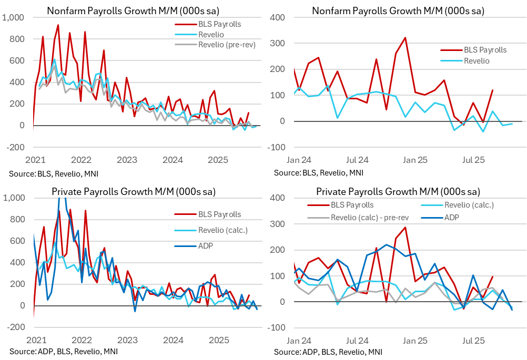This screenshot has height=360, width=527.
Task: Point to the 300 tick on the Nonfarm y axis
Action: (x=278, y=44)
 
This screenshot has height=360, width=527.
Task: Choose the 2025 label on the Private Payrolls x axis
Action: (x=218, y=340)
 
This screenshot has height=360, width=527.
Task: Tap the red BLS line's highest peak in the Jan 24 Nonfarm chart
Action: (x=405, y=38)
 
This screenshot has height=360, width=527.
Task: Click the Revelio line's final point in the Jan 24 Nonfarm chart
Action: (x=512, y=124)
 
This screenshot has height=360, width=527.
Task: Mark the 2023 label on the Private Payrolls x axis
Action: (x=127, y=340)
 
